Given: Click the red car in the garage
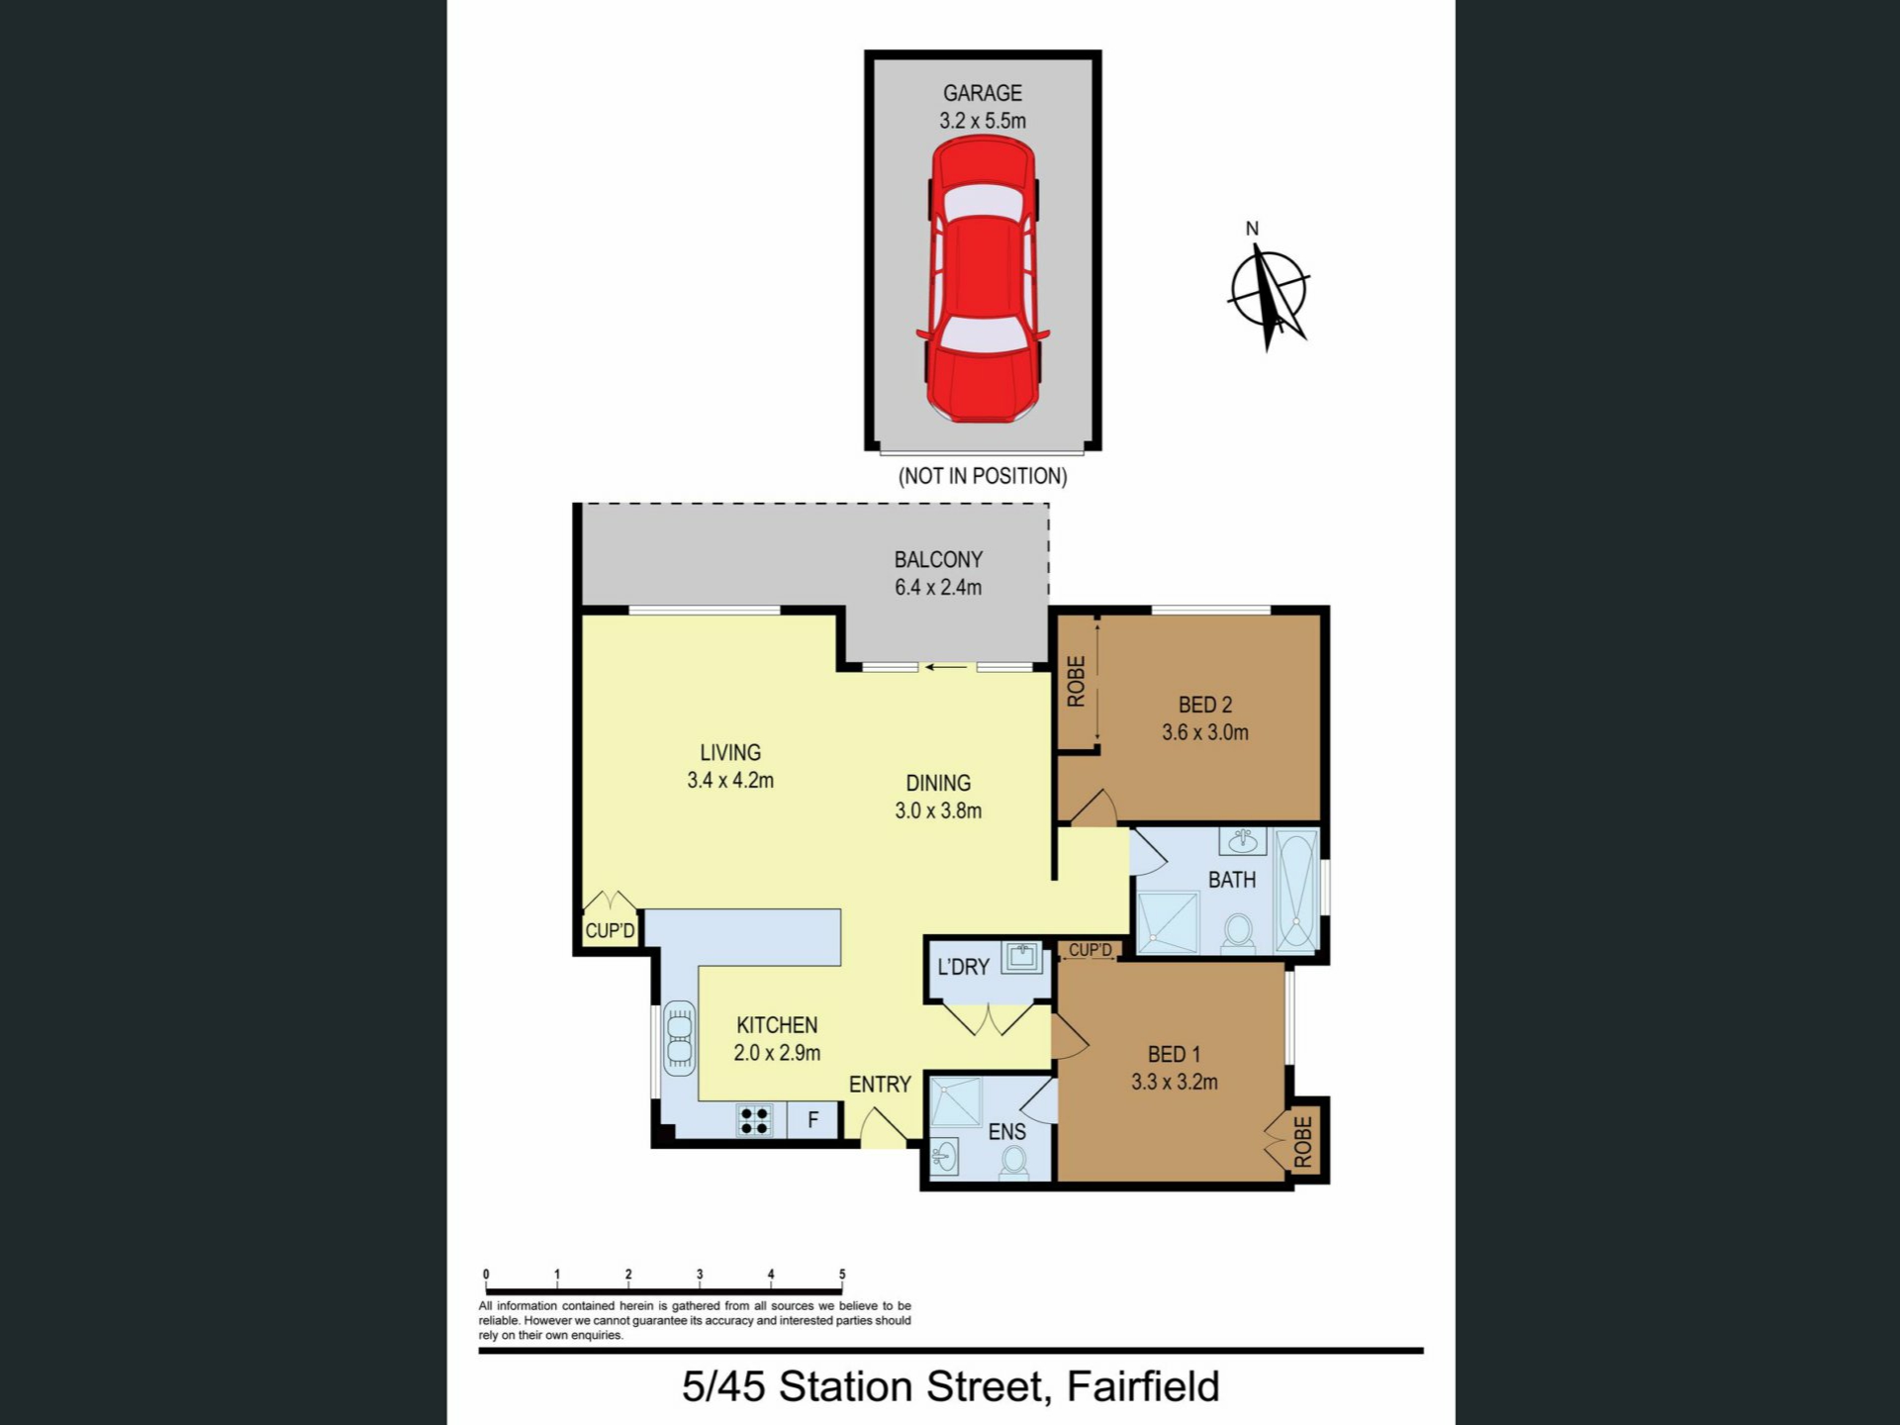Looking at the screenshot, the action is click(x=983, y=280).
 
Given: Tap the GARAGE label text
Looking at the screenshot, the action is click(x=983, y=93).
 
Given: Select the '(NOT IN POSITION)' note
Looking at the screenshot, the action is click(x=983, y=476).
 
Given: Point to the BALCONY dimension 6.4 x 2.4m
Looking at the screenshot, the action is click(x=938, y=587).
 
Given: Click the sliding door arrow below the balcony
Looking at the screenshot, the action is click(x=947, y=667).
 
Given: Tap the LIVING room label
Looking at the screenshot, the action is click(x=730, y=752).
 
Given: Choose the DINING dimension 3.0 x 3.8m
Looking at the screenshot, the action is click(x=938, y=810).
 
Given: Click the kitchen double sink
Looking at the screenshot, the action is click(x=679, y=1038).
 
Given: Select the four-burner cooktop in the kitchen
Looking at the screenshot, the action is click(x=754, y=1120).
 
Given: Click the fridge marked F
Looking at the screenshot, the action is click(x=812, y=1120).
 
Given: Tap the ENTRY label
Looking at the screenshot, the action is click(x=880, y=1085).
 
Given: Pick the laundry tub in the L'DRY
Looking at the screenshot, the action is click(x=1021, y=957).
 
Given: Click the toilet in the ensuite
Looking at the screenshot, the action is click(x=1013, y=1163).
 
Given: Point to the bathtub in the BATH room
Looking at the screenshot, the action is click(x=1296, y=892).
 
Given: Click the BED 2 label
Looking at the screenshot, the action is click(x=1205, y=705).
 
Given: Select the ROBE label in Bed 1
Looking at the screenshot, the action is click(x=1303, y=1142).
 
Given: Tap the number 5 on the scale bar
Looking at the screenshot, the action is click(x=842, y=1275).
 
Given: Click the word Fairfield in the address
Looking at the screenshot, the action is click(x=1143, y=1386).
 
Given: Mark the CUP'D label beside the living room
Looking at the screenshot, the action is click(x=610, y=930).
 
